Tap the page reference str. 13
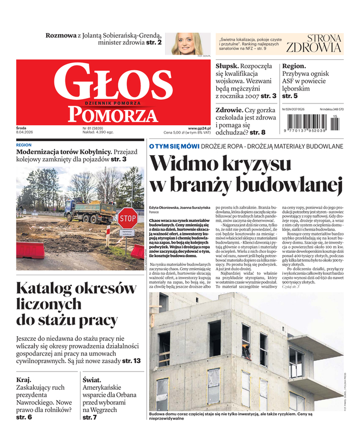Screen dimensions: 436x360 tap(131, 361)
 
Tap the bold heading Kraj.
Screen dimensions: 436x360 tap(24, 379)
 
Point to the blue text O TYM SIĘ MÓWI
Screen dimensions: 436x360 tap(174, 146)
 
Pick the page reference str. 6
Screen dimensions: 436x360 tap(24, 417)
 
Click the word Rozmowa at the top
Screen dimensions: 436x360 tap(61, 35)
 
